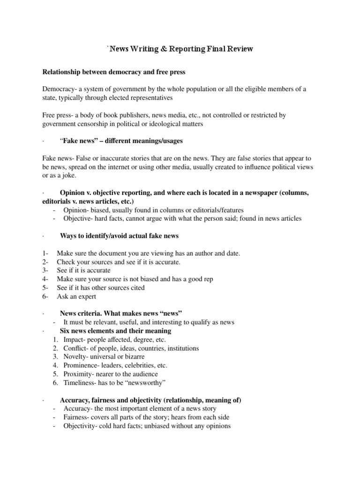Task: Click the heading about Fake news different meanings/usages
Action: click(x=121, y=141)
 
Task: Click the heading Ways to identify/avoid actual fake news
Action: click(x=119, y=235)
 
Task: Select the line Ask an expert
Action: click(x=77, y=296)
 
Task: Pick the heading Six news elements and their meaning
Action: click(x=115, y=331)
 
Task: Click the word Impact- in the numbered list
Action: click(x=75, y=339)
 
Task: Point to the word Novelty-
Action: click(x=76, y=357)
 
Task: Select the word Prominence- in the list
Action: click(x=82, y=365)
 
